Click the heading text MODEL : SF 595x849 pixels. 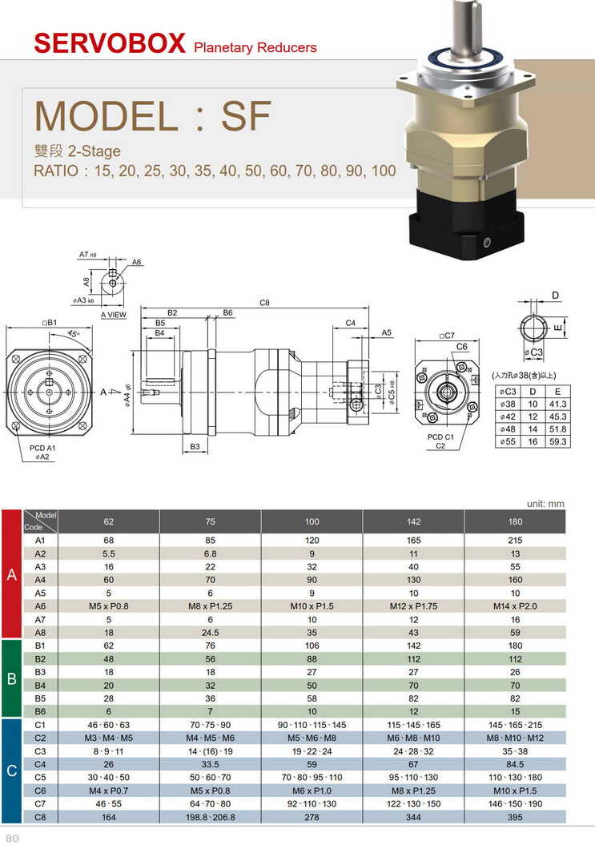tap(153, 116)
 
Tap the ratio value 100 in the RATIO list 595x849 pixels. tap(384, 171)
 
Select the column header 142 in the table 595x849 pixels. tap(413, 521)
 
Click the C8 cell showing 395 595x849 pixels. tap(515, 817)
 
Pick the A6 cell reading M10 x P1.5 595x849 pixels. tap(312, 606)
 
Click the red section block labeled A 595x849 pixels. tap(12, 574)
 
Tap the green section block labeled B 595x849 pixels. tap(12, 679)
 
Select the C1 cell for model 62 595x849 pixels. tap(109, 724)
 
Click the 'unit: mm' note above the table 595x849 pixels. tap(545, 504)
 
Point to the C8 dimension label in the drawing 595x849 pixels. tap(264, 303)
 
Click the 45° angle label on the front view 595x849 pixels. tap(73, 333)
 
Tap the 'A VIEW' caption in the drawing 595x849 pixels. tap(113, 316)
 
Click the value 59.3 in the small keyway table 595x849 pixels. tap(557, 441)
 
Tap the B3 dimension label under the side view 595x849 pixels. tap(195, 446)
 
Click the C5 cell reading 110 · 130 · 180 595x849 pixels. tap(515, 777)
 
